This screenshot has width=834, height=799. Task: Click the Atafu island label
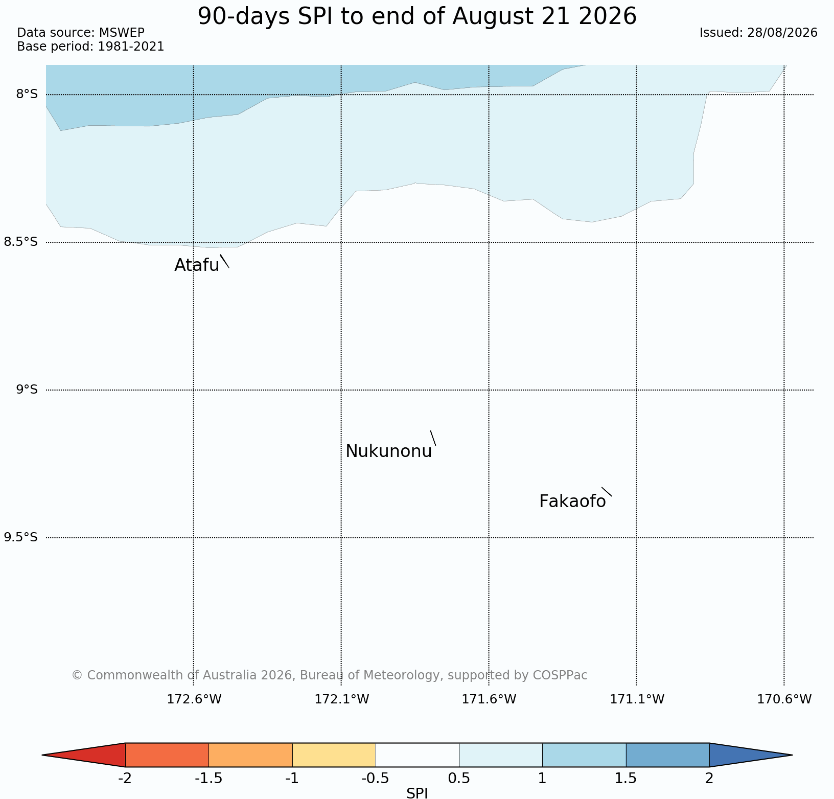coord(197,265)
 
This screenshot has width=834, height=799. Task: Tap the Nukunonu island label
coord(389,451)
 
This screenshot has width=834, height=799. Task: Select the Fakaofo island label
coord(572,501)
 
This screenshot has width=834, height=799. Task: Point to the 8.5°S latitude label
coord(20,242)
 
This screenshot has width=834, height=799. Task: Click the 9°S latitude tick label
coord(27,390)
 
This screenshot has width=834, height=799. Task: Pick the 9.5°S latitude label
coord(20,537)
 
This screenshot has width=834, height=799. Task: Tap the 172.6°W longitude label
coord(194,699)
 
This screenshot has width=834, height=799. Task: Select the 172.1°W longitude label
coord(341,699)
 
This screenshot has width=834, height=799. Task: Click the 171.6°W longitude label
coord(489,699)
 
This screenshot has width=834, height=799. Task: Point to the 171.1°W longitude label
coord(637,699)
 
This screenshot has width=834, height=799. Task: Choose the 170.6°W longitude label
coord(784,699)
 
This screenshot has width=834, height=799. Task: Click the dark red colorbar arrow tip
coord(42,755)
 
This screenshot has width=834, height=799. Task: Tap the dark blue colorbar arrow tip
coord(792,755)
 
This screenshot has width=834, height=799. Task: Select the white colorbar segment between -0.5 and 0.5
coord(418,755)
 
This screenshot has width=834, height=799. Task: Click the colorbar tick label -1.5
coord(208,779)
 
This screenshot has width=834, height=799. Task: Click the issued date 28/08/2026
coord(782,33)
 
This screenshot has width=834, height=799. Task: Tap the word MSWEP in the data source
coord(122,33)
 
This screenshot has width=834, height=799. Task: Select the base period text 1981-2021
coord(131,47)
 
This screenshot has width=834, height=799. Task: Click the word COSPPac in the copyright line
coord(560,675)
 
